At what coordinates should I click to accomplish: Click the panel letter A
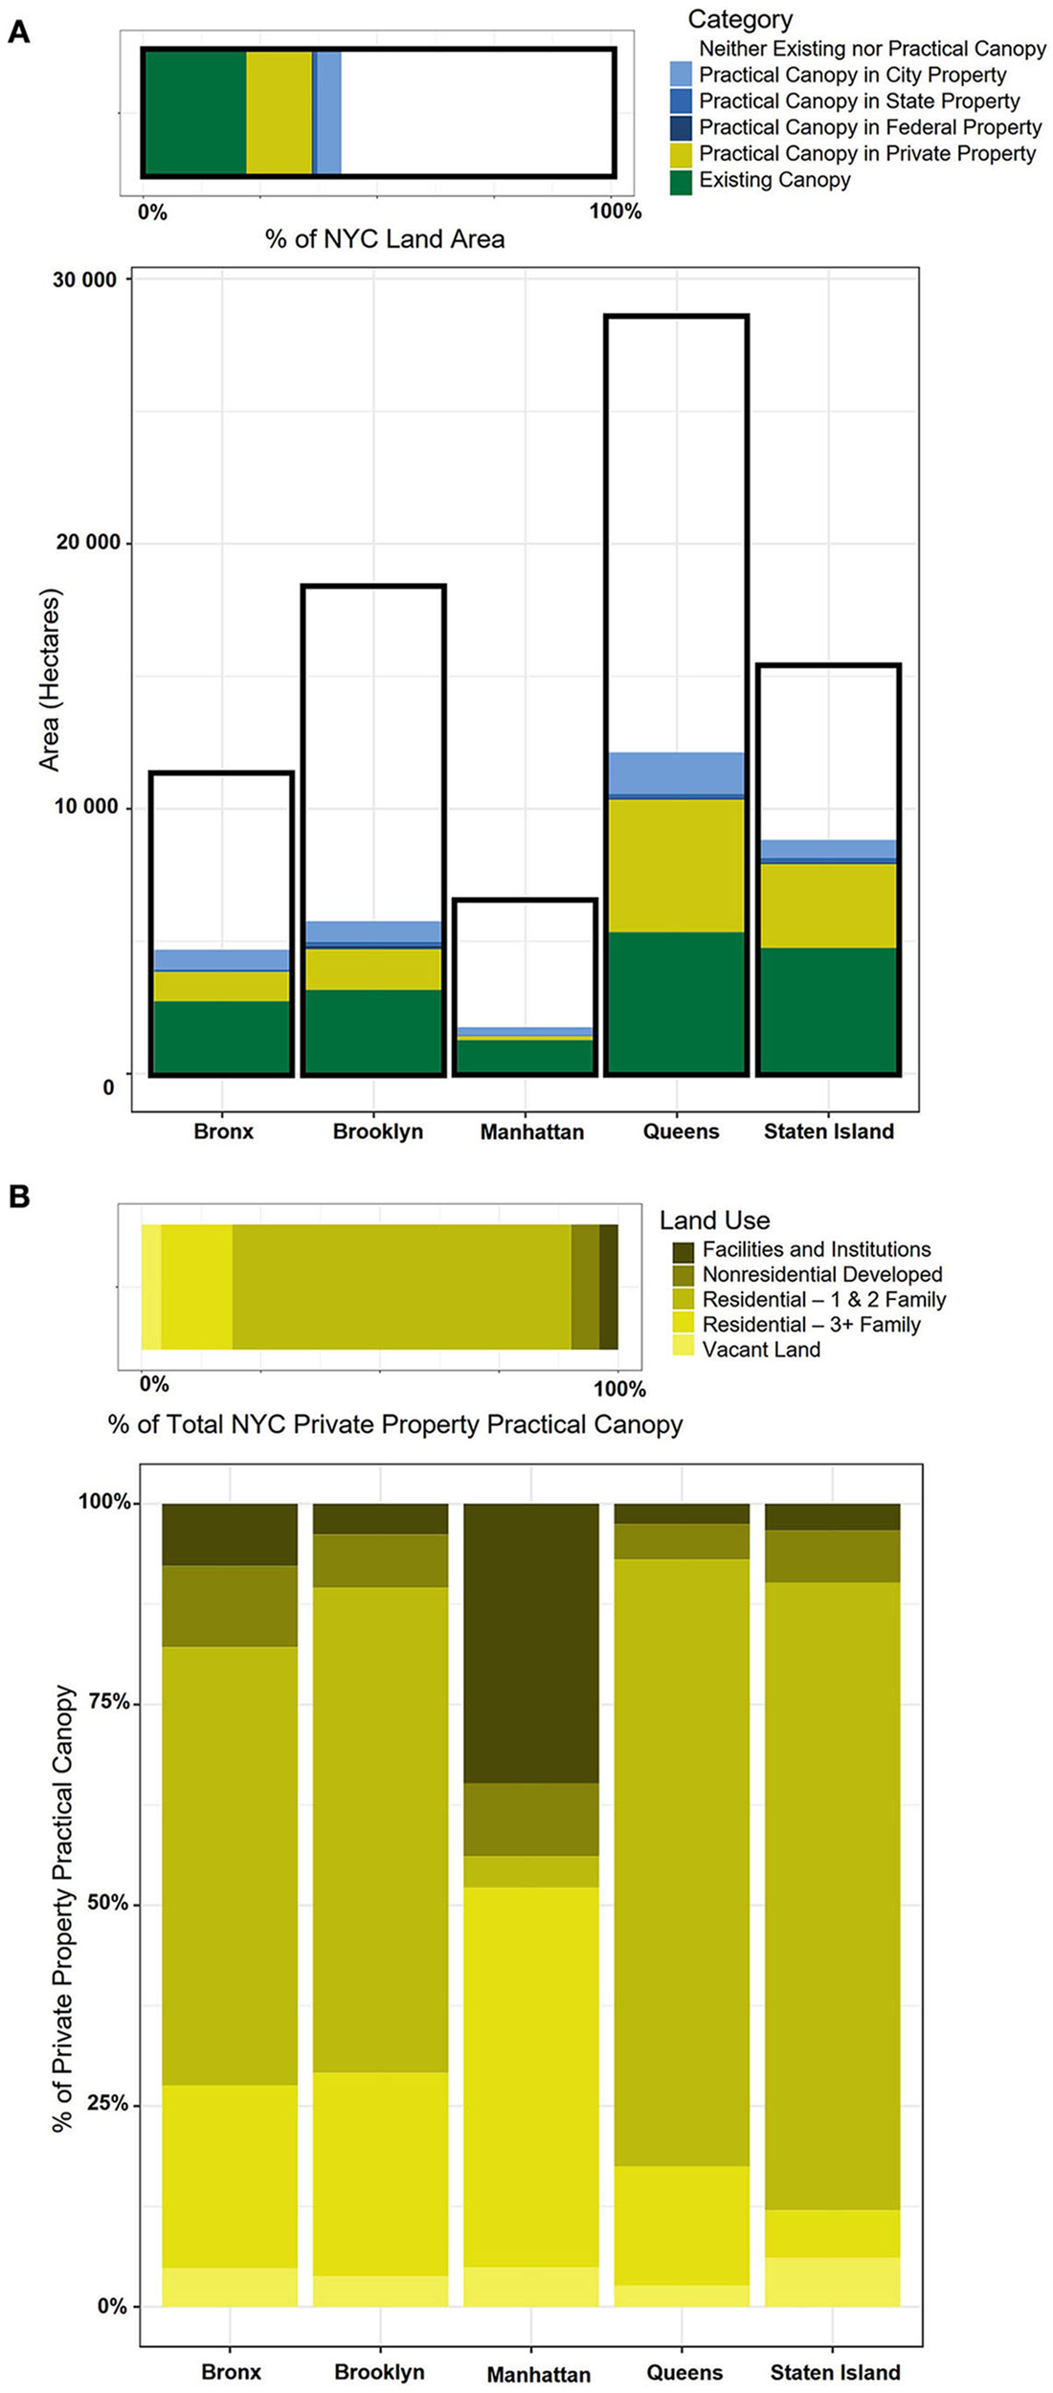18,33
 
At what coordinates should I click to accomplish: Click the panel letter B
18,1196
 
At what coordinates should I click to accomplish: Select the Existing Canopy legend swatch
681,181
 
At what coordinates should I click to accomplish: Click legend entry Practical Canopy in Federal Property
869,127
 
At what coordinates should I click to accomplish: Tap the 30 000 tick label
84,280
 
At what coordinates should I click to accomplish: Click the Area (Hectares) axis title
49,680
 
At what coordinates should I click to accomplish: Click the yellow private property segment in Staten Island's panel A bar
828,905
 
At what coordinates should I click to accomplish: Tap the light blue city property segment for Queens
676,772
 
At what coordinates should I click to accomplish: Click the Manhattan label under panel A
531,1131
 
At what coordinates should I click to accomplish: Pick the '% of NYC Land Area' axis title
385,239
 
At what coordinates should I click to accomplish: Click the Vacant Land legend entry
761,1350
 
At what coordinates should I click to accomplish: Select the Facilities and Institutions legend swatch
683,1250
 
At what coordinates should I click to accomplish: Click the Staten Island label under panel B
835,2372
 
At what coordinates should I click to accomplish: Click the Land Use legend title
714,1220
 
